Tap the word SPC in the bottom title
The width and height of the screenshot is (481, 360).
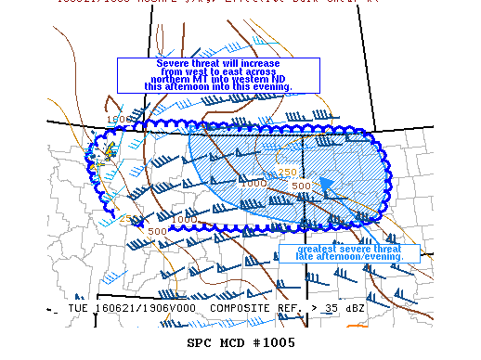(x=200, y=342)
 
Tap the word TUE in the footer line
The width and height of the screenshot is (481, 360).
(x=80, y=308)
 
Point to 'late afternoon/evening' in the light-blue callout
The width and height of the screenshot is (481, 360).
(x=351, y=258)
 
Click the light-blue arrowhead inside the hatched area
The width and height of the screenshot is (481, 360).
(x=327, y=185)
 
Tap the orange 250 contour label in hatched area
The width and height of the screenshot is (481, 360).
(x=287, y=172)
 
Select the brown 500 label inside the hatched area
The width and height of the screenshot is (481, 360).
(x=301, y=186)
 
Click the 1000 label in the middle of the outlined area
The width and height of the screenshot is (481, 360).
(x=253, y=184)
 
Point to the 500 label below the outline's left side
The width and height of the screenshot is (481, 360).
(x=157, y=231)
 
